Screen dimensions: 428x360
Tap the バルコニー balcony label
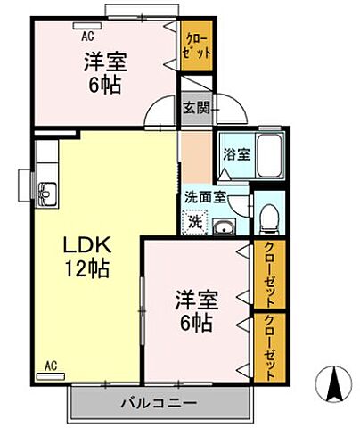[x=158, y=403]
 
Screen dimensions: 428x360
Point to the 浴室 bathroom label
[x=236, y=153]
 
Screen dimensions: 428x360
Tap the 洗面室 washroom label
[x=206, y=196]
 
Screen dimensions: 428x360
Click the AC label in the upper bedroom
[x=87, y=37]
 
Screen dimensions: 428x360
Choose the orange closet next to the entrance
[x=197, y=46]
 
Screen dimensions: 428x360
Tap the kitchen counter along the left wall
[x=47, y=178]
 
